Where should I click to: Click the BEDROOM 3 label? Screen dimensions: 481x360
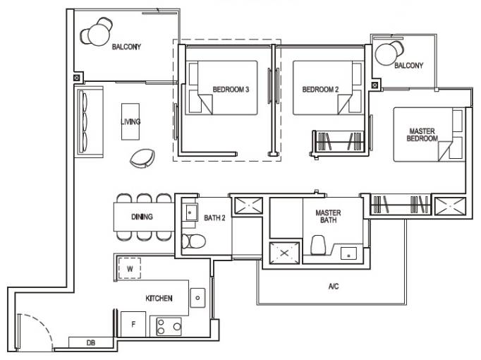(x=231, y=90)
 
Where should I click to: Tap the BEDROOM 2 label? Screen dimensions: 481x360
(x=320, y=90)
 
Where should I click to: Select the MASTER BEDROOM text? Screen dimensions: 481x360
(x=422, y=135)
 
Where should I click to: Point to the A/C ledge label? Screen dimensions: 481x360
(x=334, y=287)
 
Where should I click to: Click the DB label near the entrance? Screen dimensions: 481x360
(x=91, y=343)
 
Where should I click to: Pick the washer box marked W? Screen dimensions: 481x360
(x=130, y=268)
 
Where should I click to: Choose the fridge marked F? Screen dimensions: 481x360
(x=133, y=324)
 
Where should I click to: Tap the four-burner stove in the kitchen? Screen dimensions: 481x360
(x=169, y=327)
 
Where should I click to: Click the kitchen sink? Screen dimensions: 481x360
(x=197, y=298)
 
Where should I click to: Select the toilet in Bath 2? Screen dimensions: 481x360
(x=193, y=241)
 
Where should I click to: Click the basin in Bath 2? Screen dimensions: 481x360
(x=190, y=212)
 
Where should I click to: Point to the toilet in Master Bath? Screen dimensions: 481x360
(x=317, y=245)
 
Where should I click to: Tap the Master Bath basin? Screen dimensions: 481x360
(x=349, y=253)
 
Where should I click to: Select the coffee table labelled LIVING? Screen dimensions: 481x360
(x=130, y=121)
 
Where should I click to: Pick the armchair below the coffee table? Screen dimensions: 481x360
(x=142, y=158)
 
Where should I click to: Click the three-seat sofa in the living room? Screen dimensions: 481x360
(x=90, y=122)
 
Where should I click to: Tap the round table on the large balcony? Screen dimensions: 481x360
(x=99, y=35)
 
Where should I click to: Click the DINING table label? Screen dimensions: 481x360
(x=142, y=217)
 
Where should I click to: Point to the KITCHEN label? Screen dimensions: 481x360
(x=159, y=299)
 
